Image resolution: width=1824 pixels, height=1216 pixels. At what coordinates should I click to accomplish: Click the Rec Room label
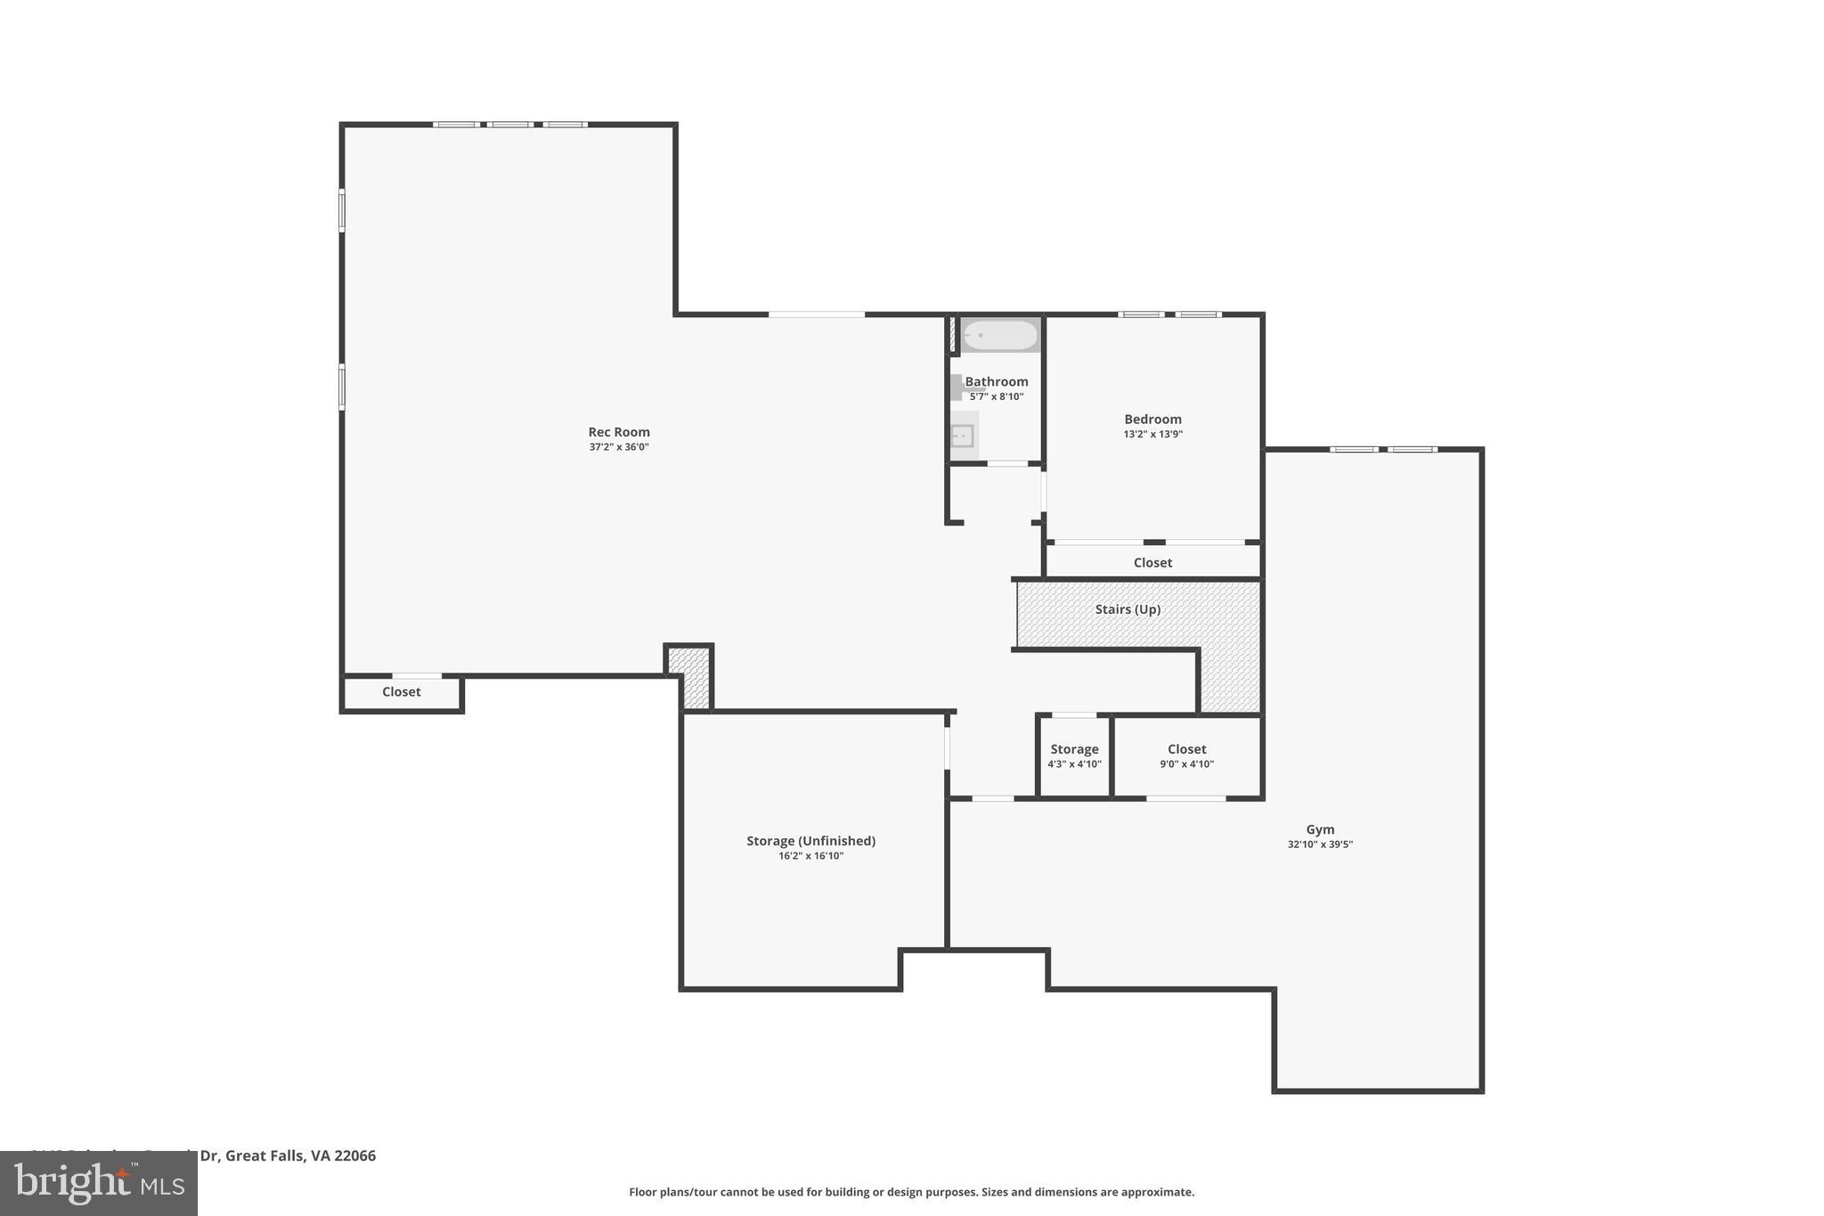point(619,432)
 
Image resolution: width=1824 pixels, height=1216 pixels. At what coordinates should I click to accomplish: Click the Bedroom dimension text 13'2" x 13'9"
point(1152,435)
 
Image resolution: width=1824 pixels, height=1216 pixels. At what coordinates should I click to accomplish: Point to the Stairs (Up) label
point(1128,609)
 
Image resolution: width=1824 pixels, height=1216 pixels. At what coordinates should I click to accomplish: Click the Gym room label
point(1320,829)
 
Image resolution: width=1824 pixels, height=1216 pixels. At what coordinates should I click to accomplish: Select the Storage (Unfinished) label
point(810,841)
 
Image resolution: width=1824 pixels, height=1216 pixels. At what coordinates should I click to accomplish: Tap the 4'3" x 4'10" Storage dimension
point(1074,764)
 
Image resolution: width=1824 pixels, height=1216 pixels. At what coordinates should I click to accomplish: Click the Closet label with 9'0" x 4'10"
point(1186,749)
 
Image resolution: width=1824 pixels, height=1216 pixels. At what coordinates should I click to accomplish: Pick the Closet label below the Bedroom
point(1152,562)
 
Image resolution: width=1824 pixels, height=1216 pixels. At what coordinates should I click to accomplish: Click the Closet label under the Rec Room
point(401,691)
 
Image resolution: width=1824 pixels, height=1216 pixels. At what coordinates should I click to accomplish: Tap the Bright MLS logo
point(99,1183)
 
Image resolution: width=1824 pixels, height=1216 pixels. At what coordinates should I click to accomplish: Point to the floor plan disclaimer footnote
point(911,1192)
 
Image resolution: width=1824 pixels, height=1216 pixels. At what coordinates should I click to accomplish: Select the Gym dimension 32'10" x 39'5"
point(1320,845)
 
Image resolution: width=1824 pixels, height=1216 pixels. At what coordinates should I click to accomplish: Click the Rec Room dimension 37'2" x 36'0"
point(619,447)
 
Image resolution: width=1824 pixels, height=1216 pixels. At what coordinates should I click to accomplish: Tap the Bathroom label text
point(997,381)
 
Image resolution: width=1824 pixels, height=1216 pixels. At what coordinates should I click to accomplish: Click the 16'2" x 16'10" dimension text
point(810,856)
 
